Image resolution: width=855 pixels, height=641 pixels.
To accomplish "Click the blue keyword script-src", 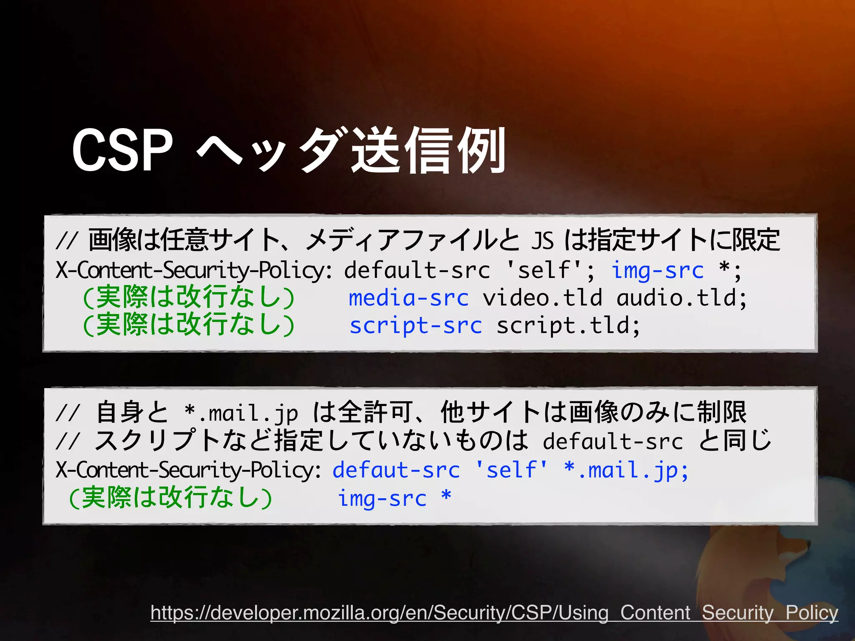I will point(416,326).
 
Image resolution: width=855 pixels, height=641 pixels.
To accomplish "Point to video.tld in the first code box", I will point(542,298).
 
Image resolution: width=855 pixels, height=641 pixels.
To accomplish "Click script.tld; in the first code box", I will point(568,326).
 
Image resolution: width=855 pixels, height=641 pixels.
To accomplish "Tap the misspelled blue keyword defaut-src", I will point(396,470).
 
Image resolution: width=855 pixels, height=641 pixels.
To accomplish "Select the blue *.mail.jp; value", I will point(626,470).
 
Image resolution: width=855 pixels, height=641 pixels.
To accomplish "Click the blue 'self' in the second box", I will point(511,470).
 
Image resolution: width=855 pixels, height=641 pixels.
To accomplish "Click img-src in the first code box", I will point(658,270).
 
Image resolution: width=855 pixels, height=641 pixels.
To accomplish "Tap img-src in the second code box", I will point(382,498).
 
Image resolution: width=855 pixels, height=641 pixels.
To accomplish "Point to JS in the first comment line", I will point(542,241).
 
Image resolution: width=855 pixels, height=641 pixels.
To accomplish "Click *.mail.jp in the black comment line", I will point(241,413).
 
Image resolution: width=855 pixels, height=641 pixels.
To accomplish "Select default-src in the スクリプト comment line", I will point(612,442).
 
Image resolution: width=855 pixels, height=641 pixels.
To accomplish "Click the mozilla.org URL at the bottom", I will point(494,613).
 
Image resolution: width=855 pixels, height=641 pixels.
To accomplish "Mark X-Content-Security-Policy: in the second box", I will point(189,470).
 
